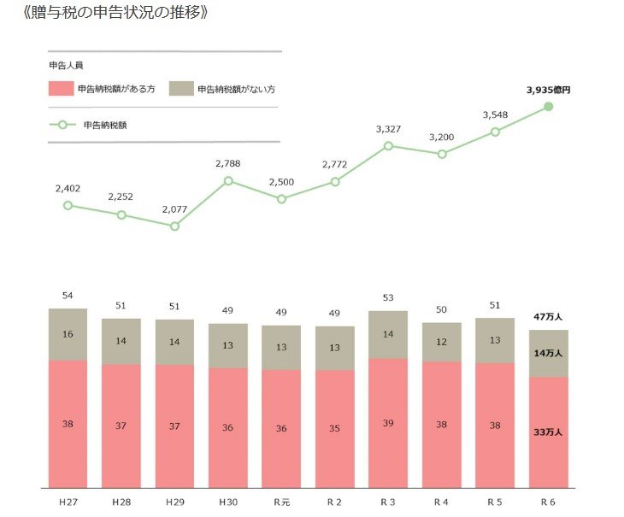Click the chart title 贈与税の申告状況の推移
(x=116, y=14)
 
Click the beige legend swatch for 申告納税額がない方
(x=181, y=89)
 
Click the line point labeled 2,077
(x=174, y=226)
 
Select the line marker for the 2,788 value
(x=228, y=180)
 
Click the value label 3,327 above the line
(x=389, y=129)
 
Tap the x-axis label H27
(x=68, y=500)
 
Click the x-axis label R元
(x=281, y=500)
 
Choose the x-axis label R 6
(x=548, y=500)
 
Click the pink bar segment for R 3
(x=388, y=422)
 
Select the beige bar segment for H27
(x=68, y=334)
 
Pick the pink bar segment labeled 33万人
(x=548, y=432)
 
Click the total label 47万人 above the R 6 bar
(x=548, y=315)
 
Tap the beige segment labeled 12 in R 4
(x=442, y=342)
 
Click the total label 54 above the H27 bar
(x=68, y=295)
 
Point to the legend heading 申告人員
(x=66, y=64)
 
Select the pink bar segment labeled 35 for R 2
(x=335, y=428)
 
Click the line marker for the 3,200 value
(x=442, y=154)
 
